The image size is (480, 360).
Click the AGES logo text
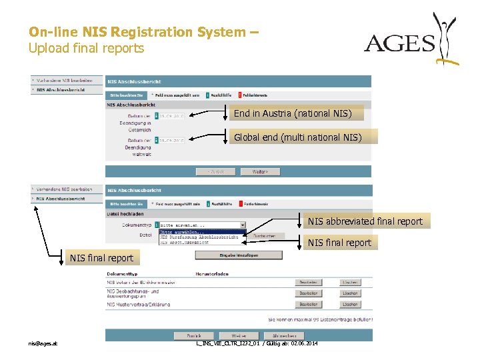tap(399, 44)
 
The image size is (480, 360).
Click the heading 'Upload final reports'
tap(86, 48)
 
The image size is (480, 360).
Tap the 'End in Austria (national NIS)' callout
tap(291, 113)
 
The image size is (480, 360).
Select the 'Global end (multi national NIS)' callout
tap(297, 137)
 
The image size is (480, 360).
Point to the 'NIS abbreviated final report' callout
tap(365, 221)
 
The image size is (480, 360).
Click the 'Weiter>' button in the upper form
tap(260, 171)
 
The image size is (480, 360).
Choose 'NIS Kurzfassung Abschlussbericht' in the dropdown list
tap(199, 237)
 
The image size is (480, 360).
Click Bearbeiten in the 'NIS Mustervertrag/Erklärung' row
tap(308, 304)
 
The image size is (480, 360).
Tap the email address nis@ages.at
tap(43, 343)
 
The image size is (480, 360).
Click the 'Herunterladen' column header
tap(212, 274)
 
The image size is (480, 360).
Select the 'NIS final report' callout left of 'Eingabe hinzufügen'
tap(101, 257)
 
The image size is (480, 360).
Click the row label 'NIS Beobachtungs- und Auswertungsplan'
tap(133, 293)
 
